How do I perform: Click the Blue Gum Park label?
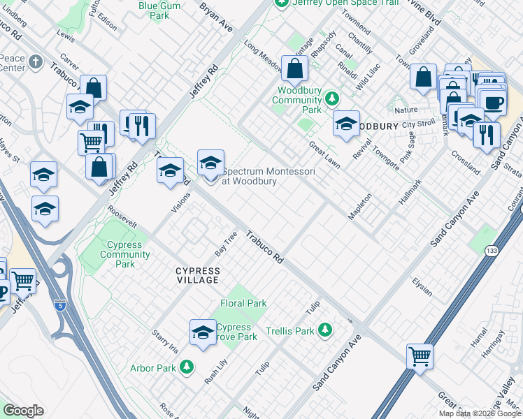(154, 10)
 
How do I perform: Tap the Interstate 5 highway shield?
(60, 304)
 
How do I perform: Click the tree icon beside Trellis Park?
(324, 330)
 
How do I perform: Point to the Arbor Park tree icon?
(186, 367)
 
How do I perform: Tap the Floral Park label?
(243, 303)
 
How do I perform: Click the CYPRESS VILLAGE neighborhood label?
(197, 275)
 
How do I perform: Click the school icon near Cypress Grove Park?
(203, 332)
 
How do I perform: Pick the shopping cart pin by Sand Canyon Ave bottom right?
(420, 356)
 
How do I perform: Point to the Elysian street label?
(422, 286)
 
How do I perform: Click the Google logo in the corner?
(23, 411)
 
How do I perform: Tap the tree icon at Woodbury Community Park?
(334, 98)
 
